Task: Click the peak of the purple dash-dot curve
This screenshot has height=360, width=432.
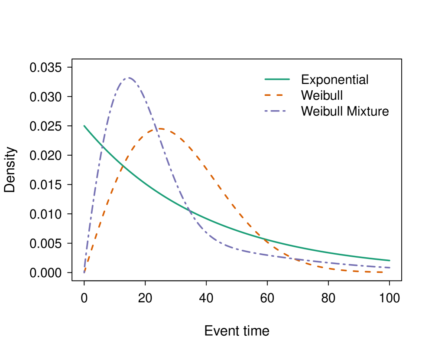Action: (128, 78)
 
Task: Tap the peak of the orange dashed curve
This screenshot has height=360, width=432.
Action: (161, 129)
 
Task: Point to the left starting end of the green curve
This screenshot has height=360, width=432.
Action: (84, 126)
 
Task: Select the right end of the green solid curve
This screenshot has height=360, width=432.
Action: (390, 261)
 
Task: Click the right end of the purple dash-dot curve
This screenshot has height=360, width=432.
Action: (390, 268)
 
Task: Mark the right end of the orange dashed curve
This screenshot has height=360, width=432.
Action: (383, 272)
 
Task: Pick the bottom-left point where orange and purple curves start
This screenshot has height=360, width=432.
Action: (84, 272)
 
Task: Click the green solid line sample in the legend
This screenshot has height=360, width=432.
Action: (277, 79)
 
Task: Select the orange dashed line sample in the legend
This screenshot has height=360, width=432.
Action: (274, 95)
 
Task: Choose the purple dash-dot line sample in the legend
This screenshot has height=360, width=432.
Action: (275, 111)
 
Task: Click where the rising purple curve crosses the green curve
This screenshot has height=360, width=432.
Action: (103, 148)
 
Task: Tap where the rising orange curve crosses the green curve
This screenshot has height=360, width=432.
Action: (123, 167)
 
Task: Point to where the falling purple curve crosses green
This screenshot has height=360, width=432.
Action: (188, 210)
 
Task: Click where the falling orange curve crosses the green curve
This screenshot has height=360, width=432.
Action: (263, 238)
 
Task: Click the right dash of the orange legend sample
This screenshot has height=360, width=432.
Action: (279, 95)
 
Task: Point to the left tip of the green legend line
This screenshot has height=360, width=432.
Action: (265, 79)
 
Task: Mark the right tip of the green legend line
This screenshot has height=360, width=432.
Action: (289, 79)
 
